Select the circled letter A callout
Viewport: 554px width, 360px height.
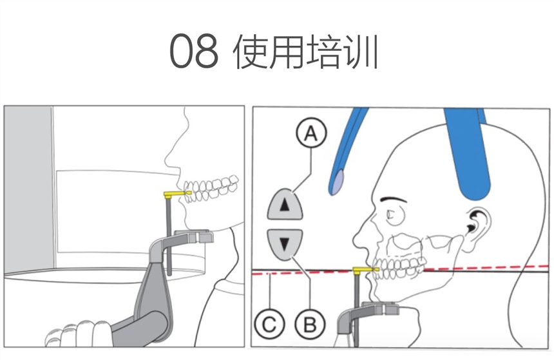click(x=311, y=134)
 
